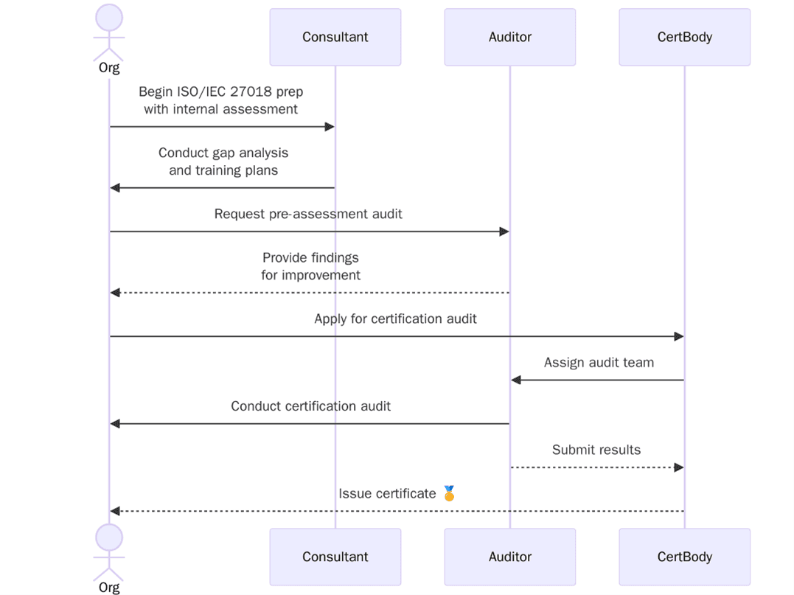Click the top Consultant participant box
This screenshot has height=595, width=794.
point(335,37)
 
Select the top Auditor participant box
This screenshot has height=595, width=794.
point(509,37)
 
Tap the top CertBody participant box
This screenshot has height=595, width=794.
point(684,37)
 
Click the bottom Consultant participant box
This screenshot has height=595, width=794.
point(335,557)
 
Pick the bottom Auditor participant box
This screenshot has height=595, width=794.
point(509,557)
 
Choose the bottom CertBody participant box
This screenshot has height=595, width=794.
point(684,557)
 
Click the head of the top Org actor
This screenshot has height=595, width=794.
point(109,18)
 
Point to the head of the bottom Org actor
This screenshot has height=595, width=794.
point(109,537)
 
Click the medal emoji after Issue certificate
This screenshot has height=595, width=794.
point(449,493)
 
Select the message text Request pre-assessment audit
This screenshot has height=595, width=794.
point(308,214)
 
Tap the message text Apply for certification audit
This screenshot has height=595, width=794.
point(395,319)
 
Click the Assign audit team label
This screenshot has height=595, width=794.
point(599,362)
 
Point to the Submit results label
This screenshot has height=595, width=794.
point(596,450)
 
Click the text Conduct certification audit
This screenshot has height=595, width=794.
point(310,406)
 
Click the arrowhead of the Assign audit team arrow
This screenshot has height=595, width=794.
point(516,380)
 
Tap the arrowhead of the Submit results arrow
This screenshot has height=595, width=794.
point(679,467)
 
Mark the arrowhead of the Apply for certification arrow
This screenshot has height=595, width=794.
point(679,337)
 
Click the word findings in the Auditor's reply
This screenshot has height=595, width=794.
point(332,258)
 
